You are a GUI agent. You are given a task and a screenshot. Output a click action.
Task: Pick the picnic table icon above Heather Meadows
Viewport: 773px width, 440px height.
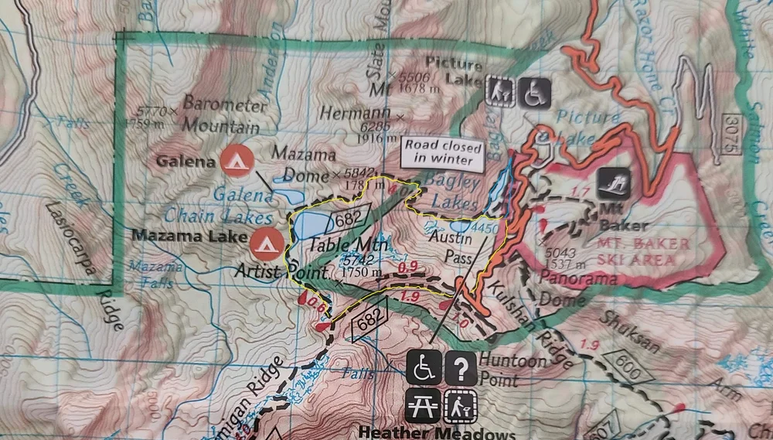[x=422, y=404]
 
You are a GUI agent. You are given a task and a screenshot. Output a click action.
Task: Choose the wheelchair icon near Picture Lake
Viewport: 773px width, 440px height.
[x=534, y=93]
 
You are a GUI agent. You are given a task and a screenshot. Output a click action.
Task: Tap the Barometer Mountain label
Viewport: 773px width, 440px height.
[x=221, y=114]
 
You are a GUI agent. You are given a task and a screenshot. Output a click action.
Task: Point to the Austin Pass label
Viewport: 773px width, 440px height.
[x=444, y=247]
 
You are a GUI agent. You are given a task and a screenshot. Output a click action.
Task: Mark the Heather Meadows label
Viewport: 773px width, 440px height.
[x=437, y=431]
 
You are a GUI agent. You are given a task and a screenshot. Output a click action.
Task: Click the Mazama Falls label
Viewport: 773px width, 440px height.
[x=155, y=274]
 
